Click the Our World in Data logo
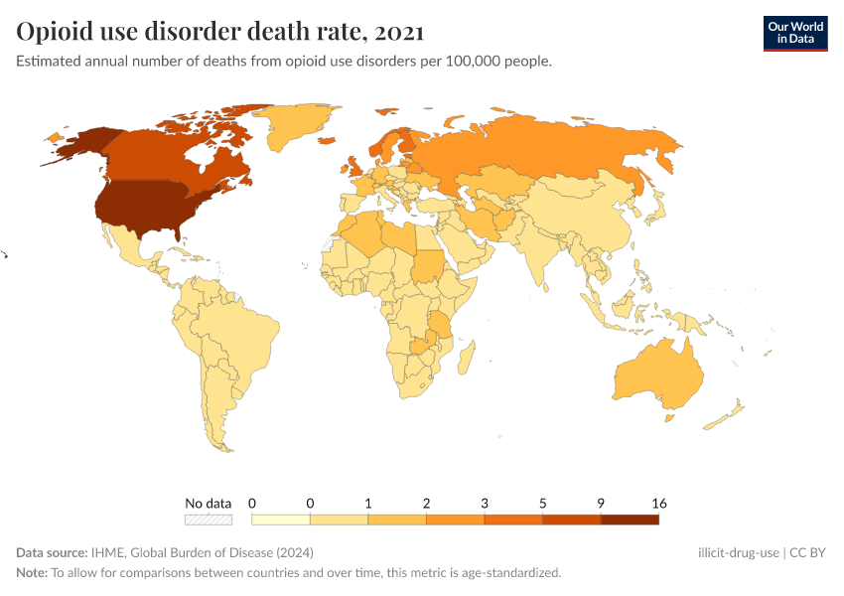tap(794, 32)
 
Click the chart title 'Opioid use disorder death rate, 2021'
tap(220, 32)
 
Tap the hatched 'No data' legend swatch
tap(209, 519)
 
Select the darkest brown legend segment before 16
tap(630, 519)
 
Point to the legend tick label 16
tap(658, 504)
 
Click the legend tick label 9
tap(601, 504)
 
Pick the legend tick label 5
tap(543, 504)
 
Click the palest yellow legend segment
tap(281, 519)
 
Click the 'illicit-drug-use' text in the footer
tap(739, 553)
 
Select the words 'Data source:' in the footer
tap(52, 553)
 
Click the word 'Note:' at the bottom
tap(32, 573)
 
